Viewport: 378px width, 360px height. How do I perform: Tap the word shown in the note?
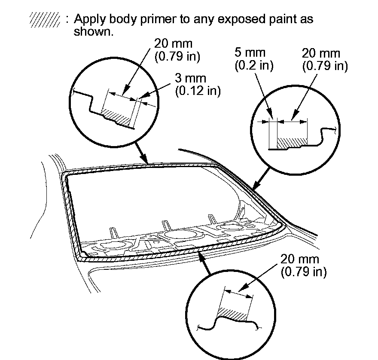pos(93,32)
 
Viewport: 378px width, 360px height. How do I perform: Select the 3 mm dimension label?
pos(190,79)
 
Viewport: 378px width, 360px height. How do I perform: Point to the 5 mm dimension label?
pos(250,54)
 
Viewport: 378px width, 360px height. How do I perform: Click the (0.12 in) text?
pos(198,91)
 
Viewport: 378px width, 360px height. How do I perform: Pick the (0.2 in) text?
pos(254,66)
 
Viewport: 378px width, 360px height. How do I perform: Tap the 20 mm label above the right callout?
pos(321,54)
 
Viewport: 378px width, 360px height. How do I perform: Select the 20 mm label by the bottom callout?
pos(300,260)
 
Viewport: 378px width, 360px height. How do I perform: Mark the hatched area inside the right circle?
pos(293,141)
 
